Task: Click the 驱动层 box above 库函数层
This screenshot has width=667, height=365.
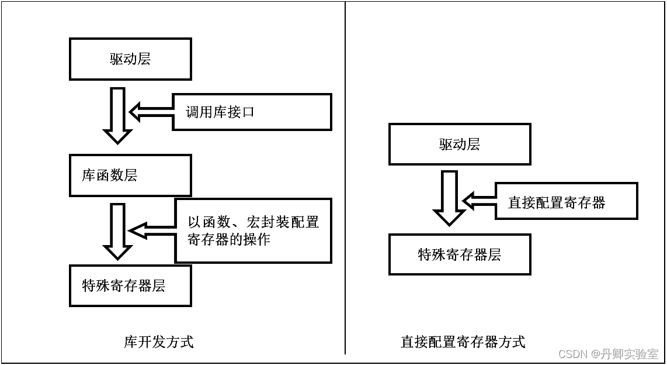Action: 130,59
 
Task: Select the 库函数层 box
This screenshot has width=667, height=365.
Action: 130,175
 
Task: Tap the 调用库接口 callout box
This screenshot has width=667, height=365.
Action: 252,112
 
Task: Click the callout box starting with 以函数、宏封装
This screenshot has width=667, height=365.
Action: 253,230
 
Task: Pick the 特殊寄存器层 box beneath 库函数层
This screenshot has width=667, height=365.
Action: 130,285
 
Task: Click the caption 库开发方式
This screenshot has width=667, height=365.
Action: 159,342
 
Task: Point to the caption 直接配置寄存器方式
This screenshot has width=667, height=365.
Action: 463,342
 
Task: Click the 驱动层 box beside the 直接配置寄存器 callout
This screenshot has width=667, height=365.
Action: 460,144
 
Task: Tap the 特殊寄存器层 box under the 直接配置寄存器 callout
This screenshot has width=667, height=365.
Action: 460,254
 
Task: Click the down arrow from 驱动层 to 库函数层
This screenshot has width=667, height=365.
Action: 117,115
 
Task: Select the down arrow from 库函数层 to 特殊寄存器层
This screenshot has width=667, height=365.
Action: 117,230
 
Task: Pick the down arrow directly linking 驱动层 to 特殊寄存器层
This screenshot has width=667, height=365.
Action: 449,198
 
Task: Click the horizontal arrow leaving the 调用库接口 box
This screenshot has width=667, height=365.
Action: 151,111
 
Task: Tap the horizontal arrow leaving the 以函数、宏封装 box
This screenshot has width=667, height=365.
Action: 152,230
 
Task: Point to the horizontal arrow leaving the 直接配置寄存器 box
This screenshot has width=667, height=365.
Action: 479,201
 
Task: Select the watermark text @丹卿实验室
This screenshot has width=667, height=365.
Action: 624,354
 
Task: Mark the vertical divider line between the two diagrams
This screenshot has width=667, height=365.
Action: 345,175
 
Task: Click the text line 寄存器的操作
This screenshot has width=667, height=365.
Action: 229,239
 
